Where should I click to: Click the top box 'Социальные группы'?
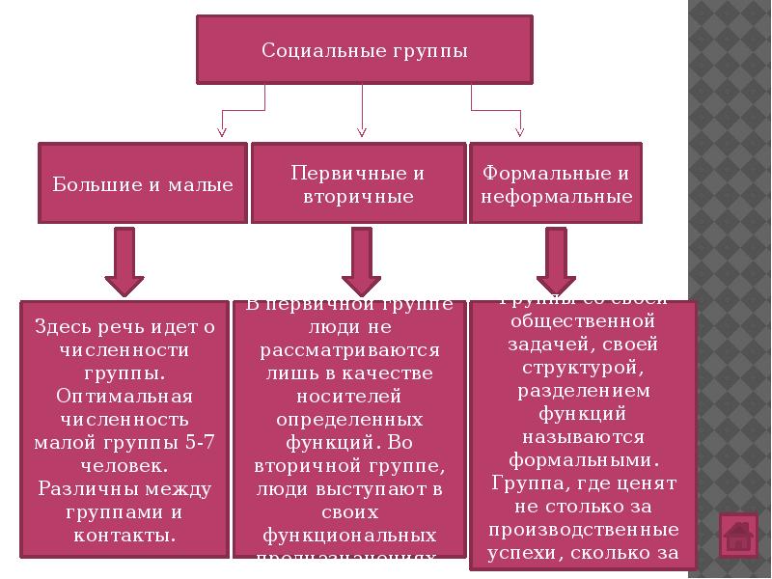point(365,49)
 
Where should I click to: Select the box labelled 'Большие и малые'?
point(143,184)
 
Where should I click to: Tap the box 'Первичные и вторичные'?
point(358,184)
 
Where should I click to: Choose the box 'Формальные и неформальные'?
point(556,184)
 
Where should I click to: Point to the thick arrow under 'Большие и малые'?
point(124,262)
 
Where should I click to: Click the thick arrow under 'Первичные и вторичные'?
point(361,262)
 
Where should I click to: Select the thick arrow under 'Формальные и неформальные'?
point(557,262)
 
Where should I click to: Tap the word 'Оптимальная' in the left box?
point(124,397)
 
